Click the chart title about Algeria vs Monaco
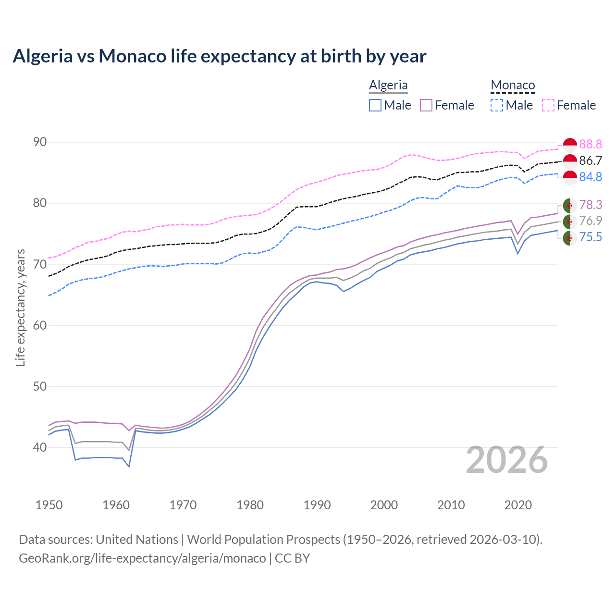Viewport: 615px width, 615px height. [219, 56]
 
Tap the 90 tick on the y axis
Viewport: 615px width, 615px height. [40, 142]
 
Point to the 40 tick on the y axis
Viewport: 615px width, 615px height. [40, 447]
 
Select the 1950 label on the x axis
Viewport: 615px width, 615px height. [49, 505]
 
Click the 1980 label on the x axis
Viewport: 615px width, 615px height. [250, 505]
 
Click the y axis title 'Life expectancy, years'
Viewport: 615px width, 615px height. [20, 307]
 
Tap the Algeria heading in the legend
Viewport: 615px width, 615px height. [388, 86]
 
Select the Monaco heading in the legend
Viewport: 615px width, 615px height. [513, 86]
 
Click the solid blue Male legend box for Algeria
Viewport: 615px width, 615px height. [375, 105]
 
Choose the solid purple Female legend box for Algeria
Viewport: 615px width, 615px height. [426, 105]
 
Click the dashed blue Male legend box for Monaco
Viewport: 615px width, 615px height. [497, 105]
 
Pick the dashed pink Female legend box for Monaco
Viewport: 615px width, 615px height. [548, 105]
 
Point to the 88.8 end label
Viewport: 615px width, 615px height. [590, 144]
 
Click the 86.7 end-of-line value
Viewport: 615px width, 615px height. [590, 160]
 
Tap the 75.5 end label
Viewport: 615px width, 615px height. [590, 237]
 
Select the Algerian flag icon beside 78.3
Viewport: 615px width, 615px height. [570, 205]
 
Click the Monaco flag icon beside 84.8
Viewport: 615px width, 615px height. [570, 177]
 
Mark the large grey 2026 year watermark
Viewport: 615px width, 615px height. [507, 460]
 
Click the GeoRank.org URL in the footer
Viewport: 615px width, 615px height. [142, 558]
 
